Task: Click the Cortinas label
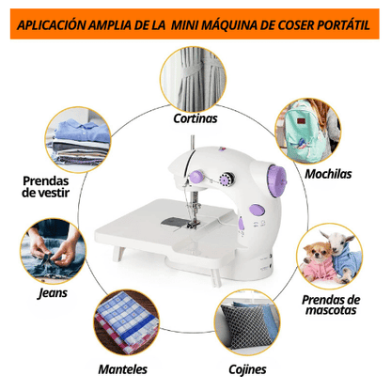(195, 119)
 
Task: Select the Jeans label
(53, 292)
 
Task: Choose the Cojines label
(247, 369)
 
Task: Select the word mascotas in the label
(329, 311)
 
